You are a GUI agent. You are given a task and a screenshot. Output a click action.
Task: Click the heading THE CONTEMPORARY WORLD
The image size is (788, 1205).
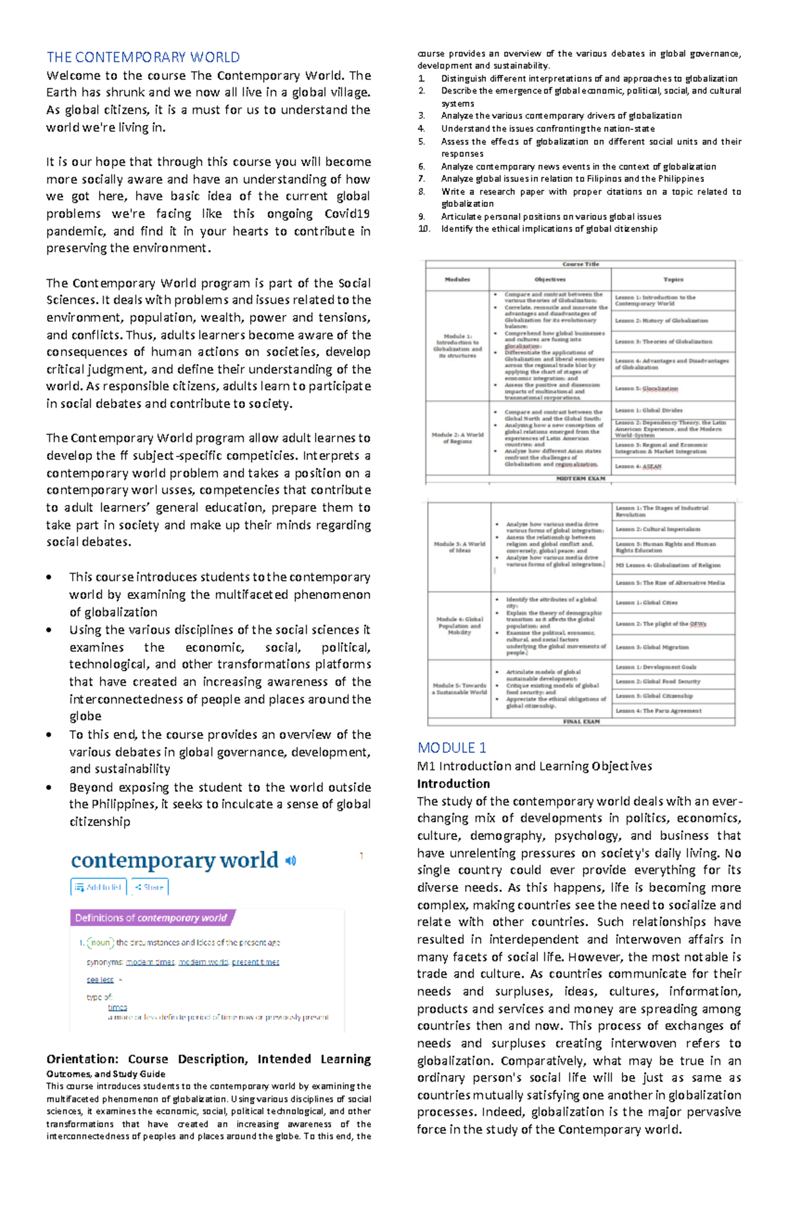click(142, 57)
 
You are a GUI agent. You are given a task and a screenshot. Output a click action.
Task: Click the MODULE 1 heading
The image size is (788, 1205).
click(452, 747)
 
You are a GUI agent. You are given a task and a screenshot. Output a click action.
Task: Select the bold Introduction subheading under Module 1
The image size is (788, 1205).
click(453, 783)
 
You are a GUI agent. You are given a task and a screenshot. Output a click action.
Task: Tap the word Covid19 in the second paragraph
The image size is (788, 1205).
click(347, 213)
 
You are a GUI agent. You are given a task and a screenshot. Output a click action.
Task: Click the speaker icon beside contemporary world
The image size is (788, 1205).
click(291, 860)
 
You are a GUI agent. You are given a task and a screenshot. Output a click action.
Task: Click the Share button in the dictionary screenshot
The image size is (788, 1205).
click(150, 887)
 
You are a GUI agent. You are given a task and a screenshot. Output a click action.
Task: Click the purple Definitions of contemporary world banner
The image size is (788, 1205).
click(152, 918)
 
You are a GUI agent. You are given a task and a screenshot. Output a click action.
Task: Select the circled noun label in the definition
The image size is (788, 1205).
click(100, 942)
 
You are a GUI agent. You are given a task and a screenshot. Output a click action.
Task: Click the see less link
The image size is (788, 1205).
click(100, 980)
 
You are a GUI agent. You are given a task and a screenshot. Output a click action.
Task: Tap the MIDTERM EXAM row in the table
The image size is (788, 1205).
click(580, 479)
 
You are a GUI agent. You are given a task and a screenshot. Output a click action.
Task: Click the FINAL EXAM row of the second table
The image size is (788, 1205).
click(581, 722)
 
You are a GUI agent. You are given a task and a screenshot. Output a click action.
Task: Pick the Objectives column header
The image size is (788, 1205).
click(550, 279)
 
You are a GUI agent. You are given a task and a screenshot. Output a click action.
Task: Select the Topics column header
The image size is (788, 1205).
click(673, 279)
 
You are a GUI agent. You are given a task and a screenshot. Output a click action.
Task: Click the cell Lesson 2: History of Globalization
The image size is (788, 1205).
click(661, 320)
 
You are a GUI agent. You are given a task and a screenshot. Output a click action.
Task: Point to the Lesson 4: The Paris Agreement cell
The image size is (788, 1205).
click(659, 711)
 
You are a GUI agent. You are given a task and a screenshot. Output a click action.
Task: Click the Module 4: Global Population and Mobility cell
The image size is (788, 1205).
click(460, 625)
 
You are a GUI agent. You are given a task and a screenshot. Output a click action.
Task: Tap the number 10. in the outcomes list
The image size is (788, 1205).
click(424, 229)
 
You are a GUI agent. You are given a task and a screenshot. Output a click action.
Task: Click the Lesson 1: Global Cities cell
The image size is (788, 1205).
click(646, 602)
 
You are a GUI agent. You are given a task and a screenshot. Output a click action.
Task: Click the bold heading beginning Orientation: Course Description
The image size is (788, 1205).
click(208, 1059)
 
